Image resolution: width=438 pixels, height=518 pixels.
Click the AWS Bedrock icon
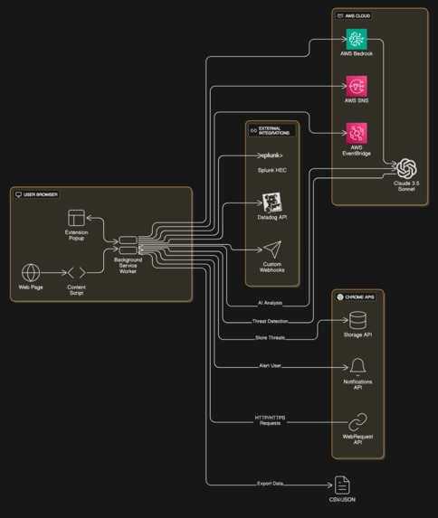pos(357,41)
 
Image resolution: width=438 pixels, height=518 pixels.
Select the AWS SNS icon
pos(357,87)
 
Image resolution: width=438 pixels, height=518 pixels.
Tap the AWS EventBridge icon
pos(357,133)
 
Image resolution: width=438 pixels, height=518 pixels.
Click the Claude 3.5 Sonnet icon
pos(406,169)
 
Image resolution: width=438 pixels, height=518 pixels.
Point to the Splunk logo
pos(272,155)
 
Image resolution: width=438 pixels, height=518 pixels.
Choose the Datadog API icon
pos(272,202)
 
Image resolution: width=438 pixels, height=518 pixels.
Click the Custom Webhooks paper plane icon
pos(272,250)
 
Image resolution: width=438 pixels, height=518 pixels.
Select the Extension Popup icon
pos(77,219)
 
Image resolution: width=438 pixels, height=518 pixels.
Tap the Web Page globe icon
pos(31,272)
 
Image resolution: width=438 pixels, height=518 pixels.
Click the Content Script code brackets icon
pos(77,272)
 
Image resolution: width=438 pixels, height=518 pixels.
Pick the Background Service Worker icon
pos(128,244)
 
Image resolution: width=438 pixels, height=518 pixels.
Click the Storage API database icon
pos(357,321)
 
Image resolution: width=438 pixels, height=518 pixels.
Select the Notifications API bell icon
pos(357,366)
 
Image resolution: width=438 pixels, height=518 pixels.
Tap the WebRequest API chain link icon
pos(357,421)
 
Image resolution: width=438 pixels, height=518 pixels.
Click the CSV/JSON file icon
pos(342,485)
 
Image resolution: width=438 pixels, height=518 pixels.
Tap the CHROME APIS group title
pos(360,297)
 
